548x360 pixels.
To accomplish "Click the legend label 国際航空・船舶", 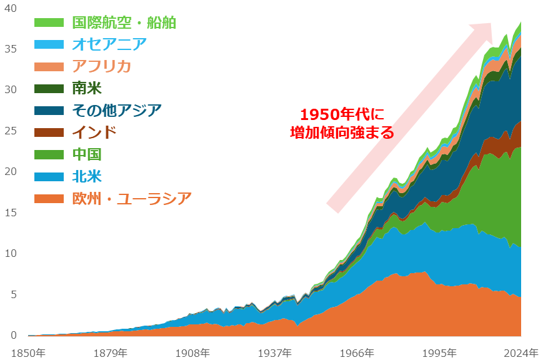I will pos(124,22).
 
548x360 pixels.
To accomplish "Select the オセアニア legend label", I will pos(109,44).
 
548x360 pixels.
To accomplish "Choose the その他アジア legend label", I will pos(116,111).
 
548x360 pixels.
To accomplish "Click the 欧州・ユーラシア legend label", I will pos(131,199).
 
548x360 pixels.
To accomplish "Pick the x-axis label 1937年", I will pos(274,352).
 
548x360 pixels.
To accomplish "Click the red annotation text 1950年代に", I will pos(341,115).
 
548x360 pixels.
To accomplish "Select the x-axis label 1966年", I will pos(357,352).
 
